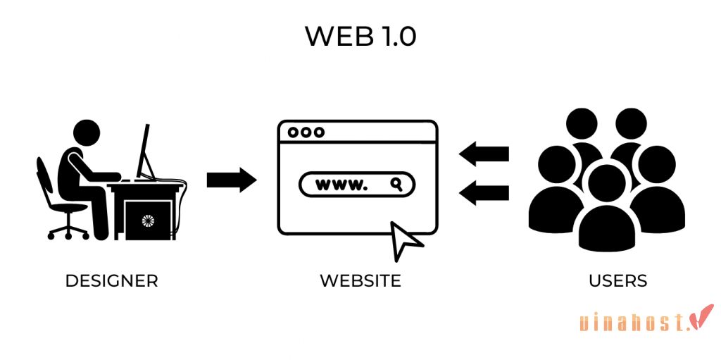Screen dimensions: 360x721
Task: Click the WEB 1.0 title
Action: pos(360,37)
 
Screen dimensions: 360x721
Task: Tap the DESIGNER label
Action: pos(111,280)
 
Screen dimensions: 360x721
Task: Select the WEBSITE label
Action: pos(360,280)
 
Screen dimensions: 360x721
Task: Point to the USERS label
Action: pos(617,280)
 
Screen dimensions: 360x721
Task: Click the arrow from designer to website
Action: pos(231,180)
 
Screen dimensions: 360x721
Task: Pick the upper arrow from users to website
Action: pos(484,154)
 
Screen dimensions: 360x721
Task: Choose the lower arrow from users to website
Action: pos(484,191)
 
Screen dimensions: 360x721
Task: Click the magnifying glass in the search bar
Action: pos(397,185)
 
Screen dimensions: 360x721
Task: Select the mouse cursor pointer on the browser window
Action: pos(404,240)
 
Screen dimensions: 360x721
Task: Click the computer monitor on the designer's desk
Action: pos(145,151)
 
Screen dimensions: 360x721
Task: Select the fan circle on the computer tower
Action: pos(147,221)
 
